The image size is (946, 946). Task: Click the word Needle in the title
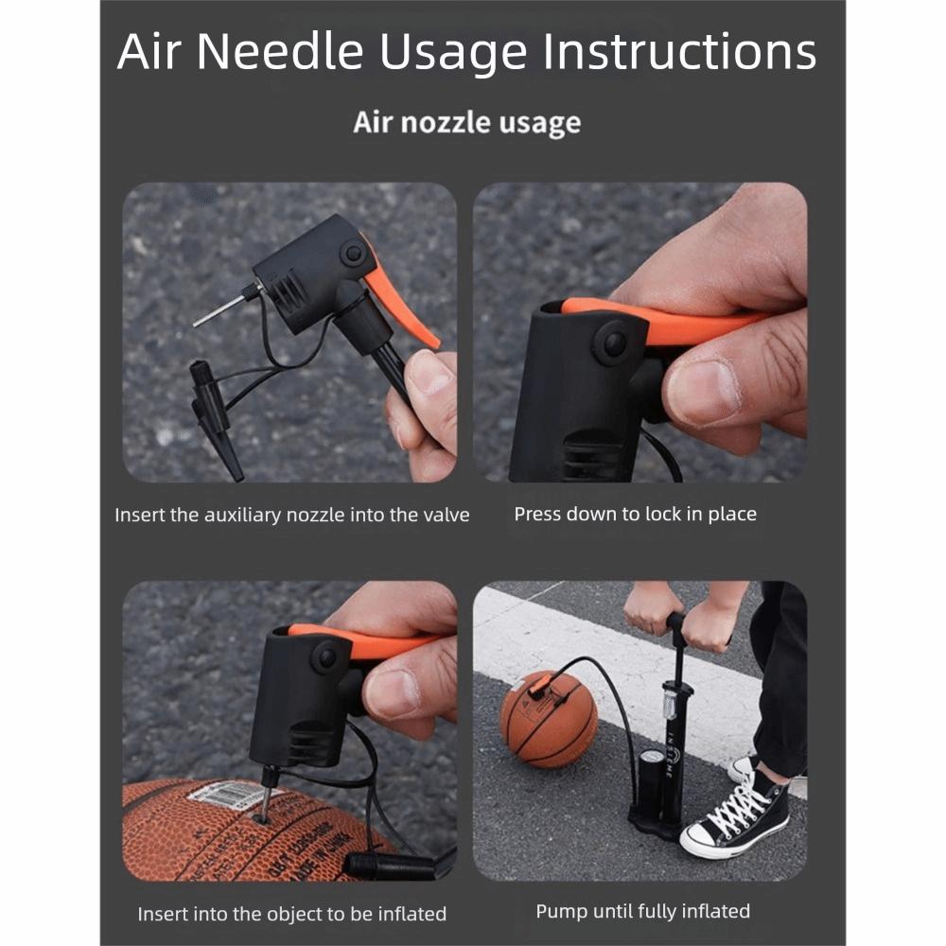[x=279, y=52]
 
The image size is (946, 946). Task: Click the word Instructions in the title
[x=680, y=52]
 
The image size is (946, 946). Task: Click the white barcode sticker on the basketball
[x=228, y=797]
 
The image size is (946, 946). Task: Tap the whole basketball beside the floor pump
[x=549, y=719]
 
